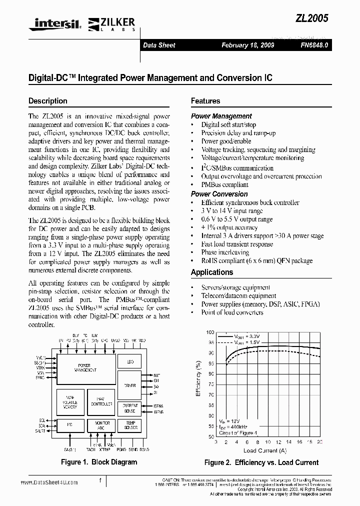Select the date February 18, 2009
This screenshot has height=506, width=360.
pos(247,45)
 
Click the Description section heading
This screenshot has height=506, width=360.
pos(48,101)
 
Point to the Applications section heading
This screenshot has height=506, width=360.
pos(212,272)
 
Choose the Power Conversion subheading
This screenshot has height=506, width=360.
pos(219,194)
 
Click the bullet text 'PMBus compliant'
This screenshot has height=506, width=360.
pos(224,184)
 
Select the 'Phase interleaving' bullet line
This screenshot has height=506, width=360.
pos(225,252)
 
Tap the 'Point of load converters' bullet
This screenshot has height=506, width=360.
pos(232,312)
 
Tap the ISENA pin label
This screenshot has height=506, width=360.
pos(158,406)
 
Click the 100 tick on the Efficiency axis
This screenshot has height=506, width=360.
pos(210,332)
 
